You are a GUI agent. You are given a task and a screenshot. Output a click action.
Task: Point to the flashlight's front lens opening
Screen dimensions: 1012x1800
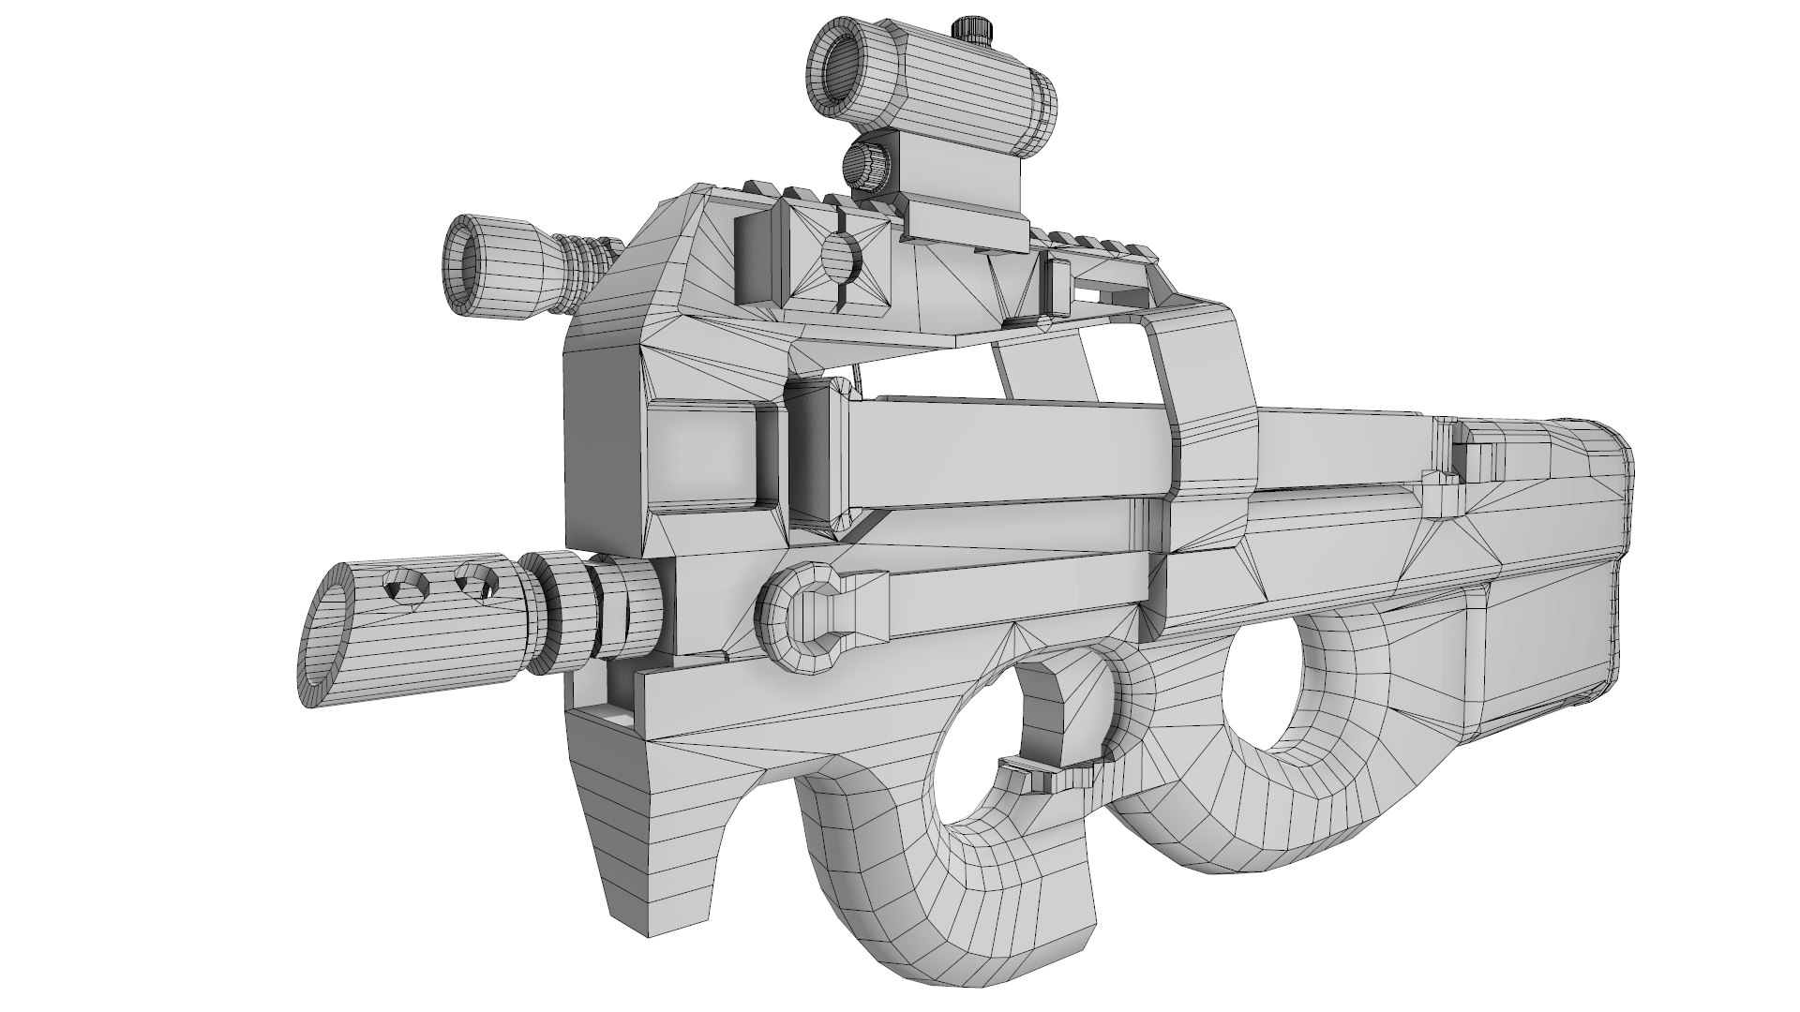pyautogui.click(x=472, y=262)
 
